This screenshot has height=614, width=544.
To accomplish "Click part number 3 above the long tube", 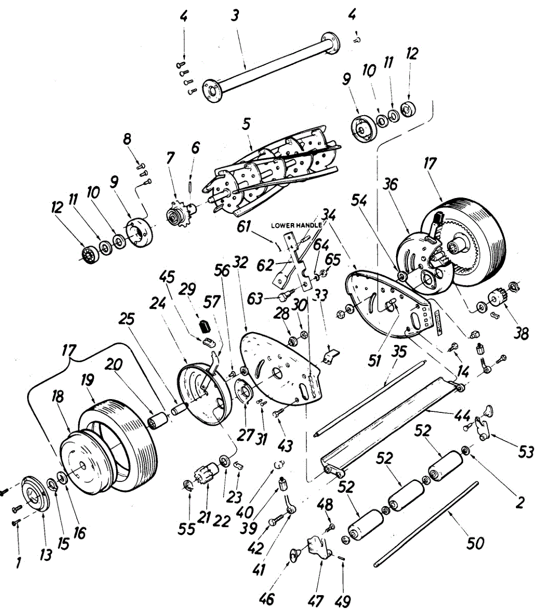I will coord(235,16).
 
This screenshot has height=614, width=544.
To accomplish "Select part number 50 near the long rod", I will coord(476,542).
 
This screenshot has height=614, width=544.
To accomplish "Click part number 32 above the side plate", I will coord(241,264).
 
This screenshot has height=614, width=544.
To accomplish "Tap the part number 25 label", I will coord(127,320).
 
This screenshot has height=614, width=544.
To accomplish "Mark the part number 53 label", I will coord(525,452).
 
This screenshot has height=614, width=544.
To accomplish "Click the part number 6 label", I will coord(195,148).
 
